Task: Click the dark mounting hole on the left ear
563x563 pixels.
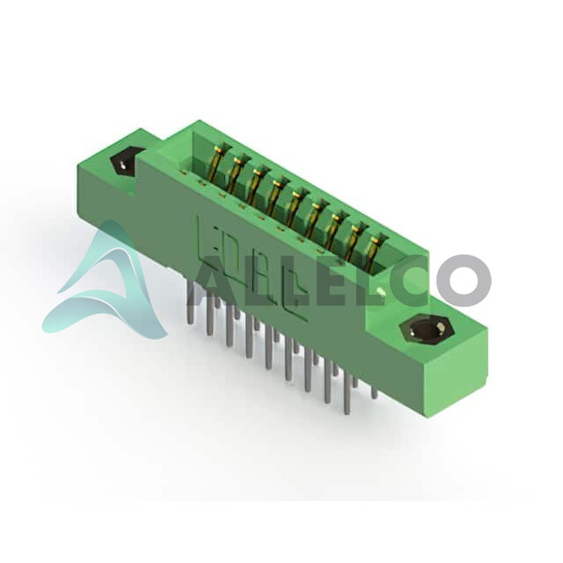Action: [123, 163]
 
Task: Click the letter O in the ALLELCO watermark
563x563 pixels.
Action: [463, 281]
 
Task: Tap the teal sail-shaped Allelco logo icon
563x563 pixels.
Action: [104, 280]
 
